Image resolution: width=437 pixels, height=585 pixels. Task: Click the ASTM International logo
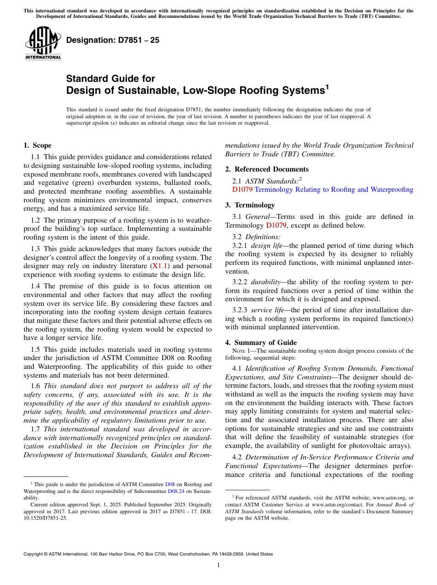[x=43, y=43]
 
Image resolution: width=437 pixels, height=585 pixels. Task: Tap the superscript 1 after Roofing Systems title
[x=327, y=86]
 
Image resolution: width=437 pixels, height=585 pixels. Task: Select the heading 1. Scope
[x=37, y=145]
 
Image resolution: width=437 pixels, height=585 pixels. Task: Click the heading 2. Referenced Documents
[x=267, y=169]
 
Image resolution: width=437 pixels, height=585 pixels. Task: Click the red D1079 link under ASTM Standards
[x=242, y=189]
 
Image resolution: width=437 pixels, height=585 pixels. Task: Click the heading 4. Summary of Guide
[x=261, y=342]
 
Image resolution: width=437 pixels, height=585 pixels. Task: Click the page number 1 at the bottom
[x=218, y=565]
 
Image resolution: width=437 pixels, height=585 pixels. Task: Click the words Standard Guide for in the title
[x=110, y=79]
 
